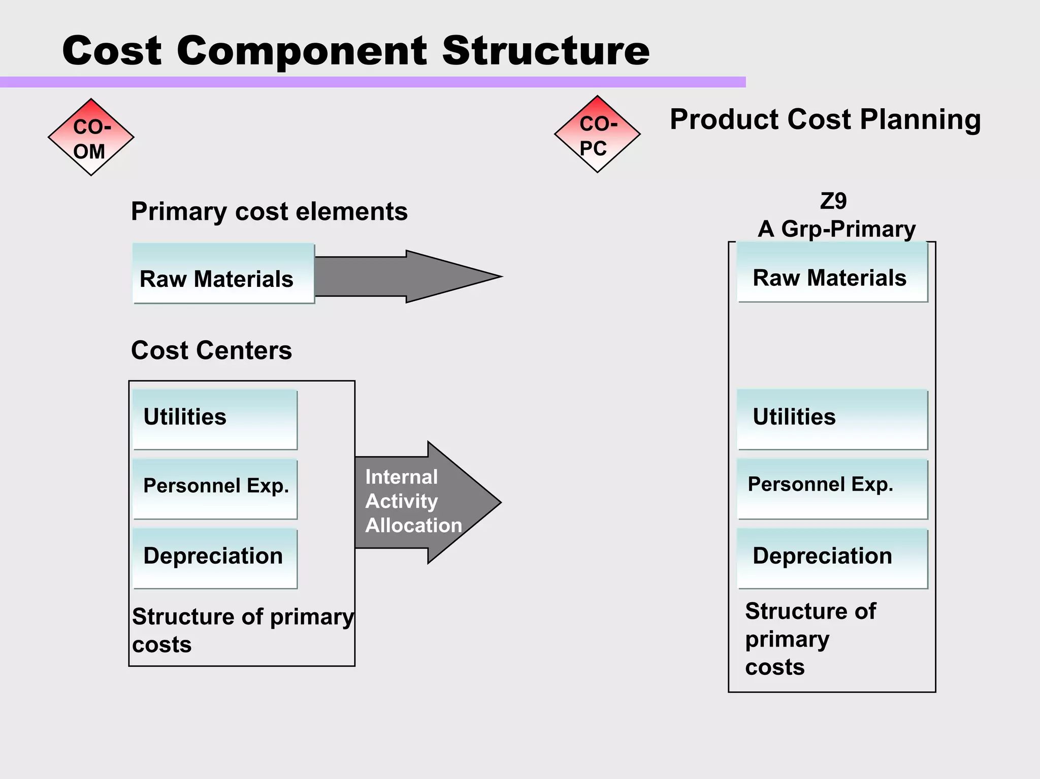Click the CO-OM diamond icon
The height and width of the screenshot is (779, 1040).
pyautogui.click(x=91, y=137)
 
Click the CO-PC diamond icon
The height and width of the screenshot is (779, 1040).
pyautogui.click(x=597, y=134)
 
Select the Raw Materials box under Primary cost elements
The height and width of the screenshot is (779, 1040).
pyautogui.click(x=223, y=274)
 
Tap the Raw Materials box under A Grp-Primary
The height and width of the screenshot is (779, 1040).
pyautogui.click(x=832, y=272)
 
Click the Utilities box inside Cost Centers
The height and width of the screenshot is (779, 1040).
pyautogui.click(x=215, y=419)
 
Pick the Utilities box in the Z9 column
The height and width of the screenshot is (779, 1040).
pyautogui.click(x=832, y=419)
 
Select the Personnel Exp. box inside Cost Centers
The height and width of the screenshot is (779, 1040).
pyautogui.click(x=215, y=489)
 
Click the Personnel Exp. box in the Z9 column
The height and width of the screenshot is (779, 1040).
pyautogui.click(x=832, y=489)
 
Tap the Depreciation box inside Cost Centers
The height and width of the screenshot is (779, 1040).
pyautogui.click(x=215, y=559)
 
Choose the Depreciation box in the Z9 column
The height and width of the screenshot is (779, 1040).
pyautogui.click(x=832, y=559)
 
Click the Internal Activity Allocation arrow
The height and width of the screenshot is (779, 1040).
pyautogui.click(x=421, y=502)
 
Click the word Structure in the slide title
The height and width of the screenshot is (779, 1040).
pyautogui.click(x=545, y=51)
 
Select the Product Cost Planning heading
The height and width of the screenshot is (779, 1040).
pyautogui.click(x=825, y=119)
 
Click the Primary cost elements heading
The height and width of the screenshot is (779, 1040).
pyautogui.click(x=269, y=211)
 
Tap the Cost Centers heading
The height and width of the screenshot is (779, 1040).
pyautogui.click(x=211, y=350)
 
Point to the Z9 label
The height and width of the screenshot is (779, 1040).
pyautogui.click(x=833, y=201)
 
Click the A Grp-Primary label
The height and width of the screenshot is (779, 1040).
pyautogui.click(x=836, y=229)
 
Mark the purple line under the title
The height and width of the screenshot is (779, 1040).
pyautogui.click(x=373, y=82)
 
